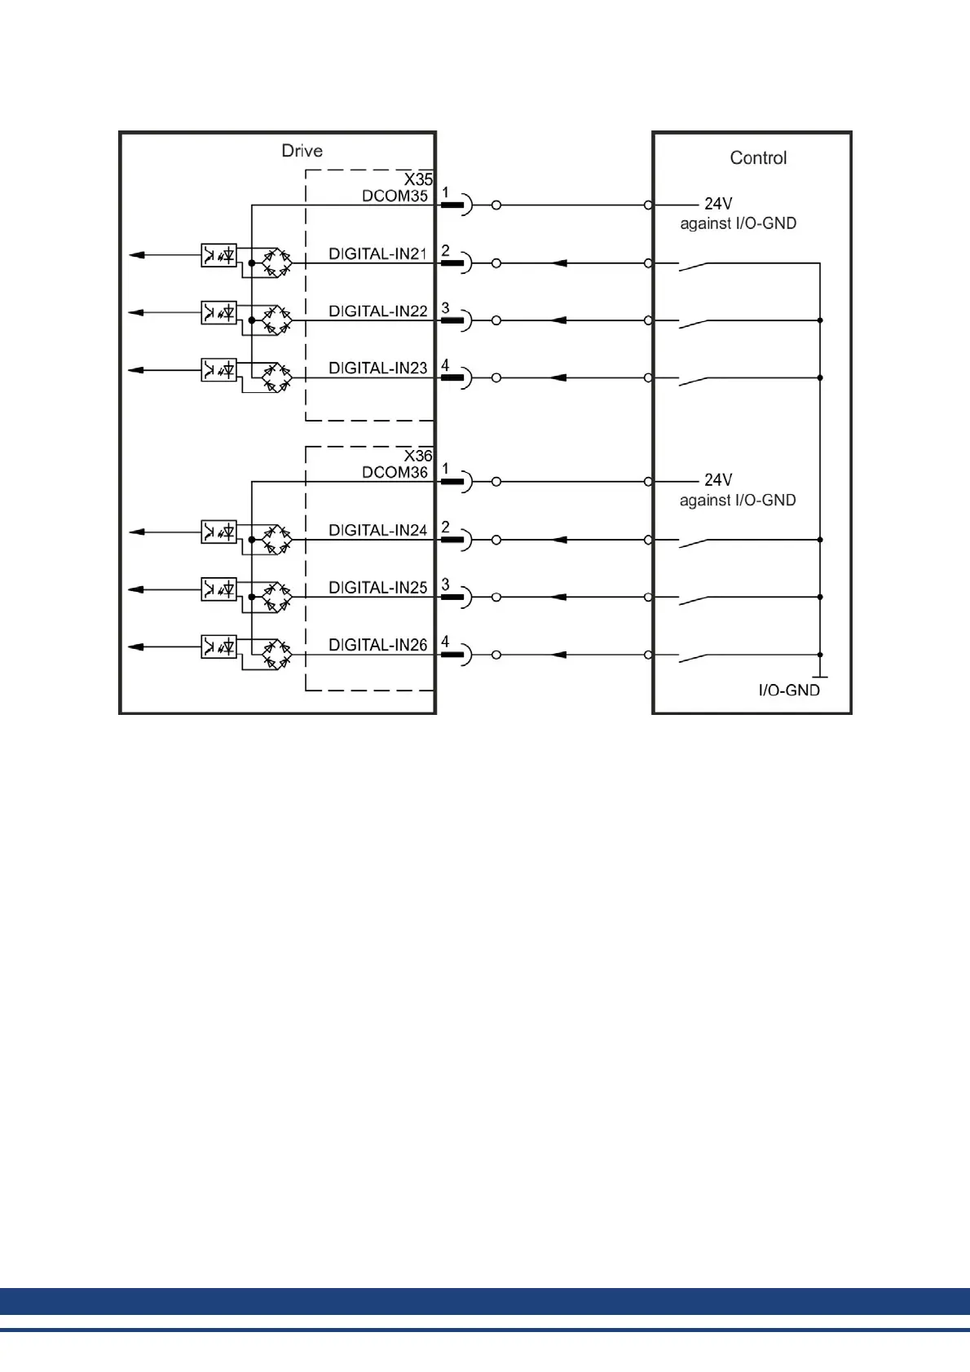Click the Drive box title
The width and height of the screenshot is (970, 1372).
302,151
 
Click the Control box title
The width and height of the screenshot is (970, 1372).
758,158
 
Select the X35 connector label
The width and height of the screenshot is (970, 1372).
418,179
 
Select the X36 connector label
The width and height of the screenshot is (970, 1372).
418,456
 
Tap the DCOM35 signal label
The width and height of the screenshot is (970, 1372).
395,196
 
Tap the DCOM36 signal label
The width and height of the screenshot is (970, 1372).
395,473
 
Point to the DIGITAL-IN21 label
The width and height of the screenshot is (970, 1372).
377,254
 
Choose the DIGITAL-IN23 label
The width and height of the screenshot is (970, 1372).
377,368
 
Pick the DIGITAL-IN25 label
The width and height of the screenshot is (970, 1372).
377,588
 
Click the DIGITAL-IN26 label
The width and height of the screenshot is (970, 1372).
377,645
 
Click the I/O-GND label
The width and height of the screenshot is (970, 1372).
789,690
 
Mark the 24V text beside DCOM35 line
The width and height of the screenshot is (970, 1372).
718,204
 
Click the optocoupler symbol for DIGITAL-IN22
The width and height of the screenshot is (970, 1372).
218,312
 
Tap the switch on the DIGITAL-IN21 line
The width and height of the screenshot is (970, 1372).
694,265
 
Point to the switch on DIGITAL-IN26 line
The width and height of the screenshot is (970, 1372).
694,656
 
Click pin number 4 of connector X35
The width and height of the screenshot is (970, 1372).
445,365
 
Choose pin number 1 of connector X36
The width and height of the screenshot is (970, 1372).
445,469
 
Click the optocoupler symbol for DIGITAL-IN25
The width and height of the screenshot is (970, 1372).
218,589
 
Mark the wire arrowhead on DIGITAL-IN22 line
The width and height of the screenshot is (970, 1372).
558,320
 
